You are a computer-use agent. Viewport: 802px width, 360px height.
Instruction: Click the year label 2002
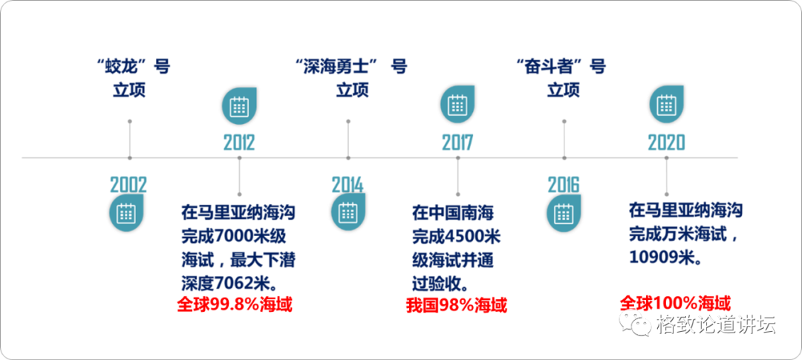pos(128,185)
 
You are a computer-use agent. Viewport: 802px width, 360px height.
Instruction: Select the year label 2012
pos(239,143)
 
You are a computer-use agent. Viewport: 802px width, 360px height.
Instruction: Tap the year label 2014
pos(348,185)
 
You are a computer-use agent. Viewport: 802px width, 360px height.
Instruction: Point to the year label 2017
pos(457,143)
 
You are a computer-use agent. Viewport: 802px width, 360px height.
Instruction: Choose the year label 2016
pos(564,185)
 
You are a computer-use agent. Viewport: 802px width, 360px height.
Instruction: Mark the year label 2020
pos(666,143)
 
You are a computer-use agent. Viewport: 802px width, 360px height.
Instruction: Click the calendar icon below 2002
pos(125,214)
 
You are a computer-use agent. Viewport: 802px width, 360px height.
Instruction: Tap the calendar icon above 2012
pos(238,108)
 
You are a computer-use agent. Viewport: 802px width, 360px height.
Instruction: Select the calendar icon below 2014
pos(348,214)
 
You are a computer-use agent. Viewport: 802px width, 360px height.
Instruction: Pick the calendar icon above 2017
pos(457,108)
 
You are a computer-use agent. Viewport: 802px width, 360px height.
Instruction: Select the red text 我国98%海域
pos(457,305)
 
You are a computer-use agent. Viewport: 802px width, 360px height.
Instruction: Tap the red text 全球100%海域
pos(675,304)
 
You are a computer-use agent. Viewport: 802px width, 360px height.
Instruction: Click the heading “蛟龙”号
pos(134,67)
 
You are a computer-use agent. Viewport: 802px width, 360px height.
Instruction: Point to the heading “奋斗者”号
pos(561,67)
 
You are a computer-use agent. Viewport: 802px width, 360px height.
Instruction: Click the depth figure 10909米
pos(662,258)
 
